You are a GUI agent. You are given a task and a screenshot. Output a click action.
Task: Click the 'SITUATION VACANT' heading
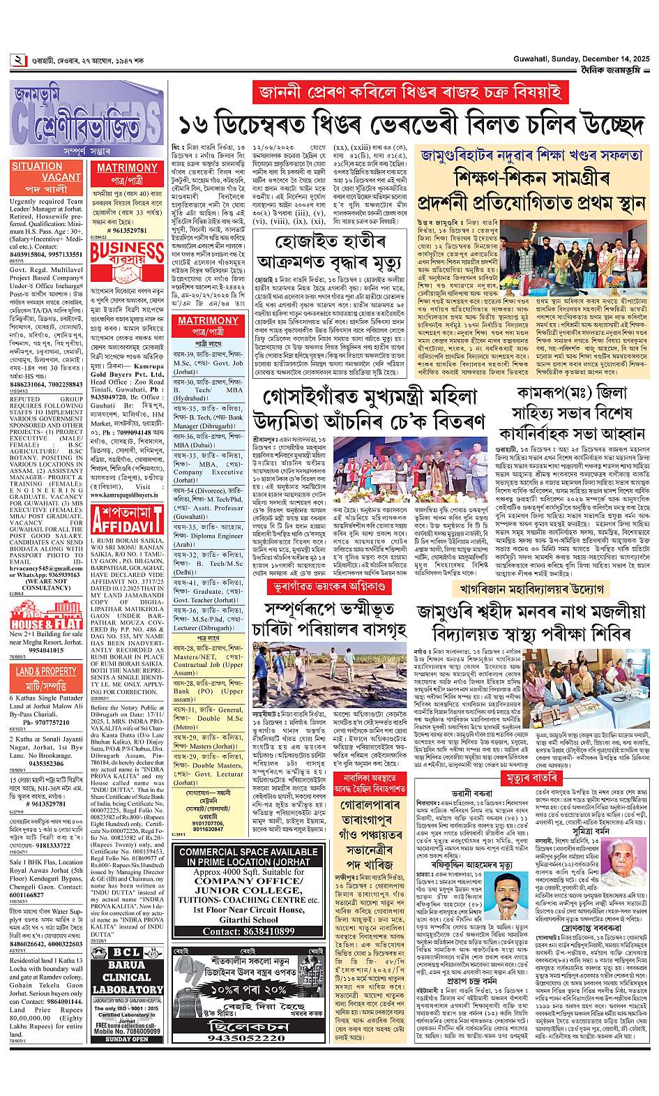[46, 172]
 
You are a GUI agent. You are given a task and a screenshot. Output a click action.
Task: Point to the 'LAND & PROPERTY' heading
[46, 671]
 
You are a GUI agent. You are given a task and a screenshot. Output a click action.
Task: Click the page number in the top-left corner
[17, 60]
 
